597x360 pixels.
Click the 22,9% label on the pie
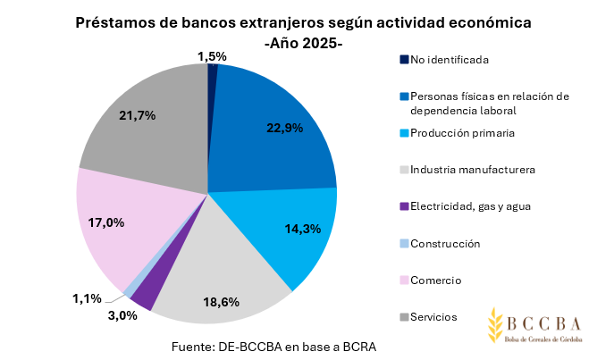285,128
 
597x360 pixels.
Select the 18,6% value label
221,302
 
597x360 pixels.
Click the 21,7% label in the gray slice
137,115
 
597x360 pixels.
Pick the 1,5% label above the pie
212,56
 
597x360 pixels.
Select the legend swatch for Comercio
404,280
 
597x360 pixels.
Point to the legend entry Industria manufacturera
472,170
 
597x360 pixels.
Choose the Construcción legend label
445,244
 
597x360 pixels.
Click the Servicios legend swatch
404,317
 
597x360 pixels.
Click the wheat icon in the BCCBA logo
496,328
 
